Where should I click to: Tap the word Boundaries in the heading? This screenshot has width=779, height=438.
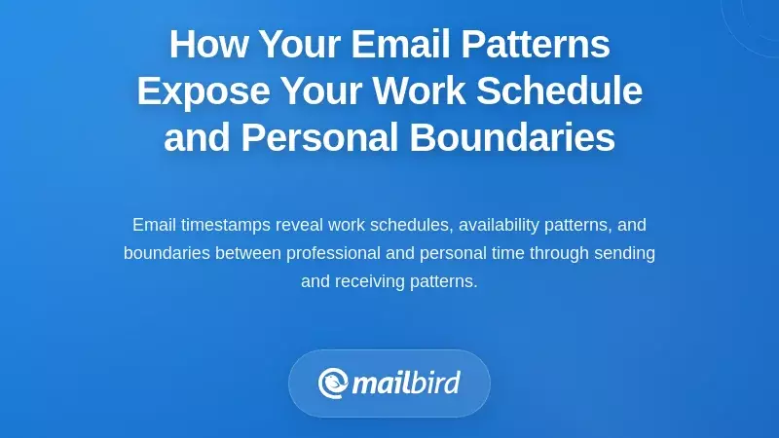click(x=512, y=138)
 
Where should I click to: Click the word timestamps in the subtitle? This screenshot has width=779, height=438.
click(x=225, y=225)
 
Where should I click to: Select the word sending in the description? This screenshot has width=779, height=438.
click(x=627, y=253)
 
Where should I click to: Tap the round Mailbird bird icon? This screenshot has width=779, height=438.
click(x=333, y=383)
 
